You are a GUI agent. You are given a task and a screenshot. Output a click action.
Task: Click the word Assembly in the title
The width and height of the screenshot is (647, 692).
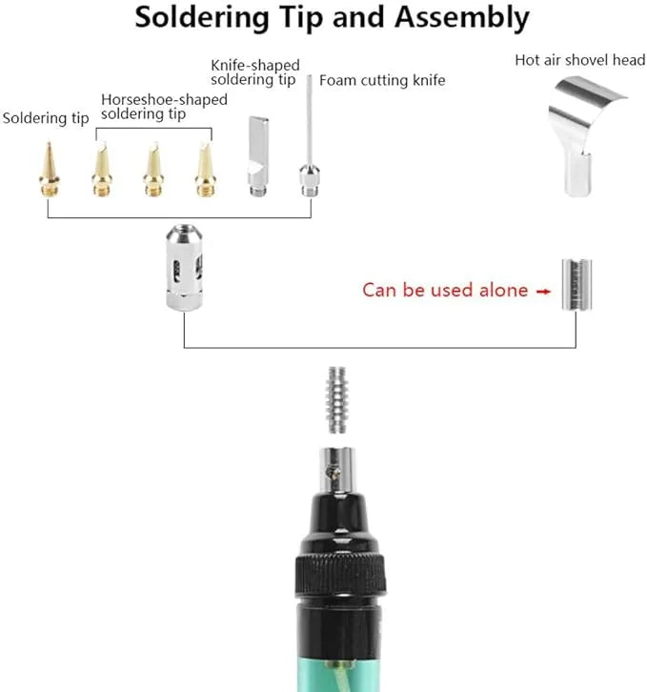(x=461, y=18)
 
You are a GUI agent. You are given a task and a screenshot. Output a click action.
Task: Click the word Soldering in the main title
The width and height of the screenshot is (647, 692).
(x=202, y=18)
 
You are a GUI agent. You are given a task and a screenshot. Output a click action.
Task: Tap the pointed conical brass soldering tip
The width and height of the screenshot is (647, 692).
(x=49, y=169)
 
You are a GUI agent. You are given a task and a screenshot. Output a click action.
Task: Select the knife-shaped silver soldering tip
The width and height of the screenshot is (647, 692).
(x=258, y=155)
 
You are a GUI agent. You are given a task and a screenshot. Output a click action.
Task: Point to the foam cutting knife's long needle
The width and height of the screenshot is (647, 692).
(x=310, y=120)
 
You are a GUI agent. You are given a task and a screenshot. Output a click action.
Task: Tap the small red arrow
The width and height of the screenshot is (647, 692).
(x=543, y=291)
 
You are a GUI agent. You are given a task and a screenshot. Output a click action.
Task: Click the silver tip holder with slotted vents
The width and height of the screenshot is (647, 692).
(x=185, y=268)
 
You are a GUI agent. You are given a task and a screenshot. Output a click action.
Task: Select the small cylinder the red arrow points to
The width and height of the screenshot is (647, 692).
(x=576, y=285)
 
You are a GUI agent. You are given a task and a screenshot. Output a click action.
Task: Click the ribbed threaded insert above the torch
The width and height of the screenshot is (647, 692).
(x=336, y=399)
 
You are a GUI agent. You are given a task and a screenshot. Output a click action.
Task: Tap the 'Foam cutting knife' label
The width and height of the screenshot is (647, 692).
(x=382, y=80)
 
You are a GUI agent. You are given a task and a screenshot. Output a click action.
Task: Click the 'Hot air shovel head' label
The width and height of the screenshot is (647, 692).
(x=580, y=60)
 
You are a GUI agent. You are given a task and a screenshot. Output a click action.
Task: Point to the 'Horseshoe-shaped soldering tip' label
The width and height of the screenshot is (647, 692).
(x=164, y=107)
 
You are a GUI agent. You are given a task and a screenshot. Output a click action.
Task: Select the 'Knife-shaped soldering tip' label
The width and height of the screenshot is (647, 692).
(x=255, y=71)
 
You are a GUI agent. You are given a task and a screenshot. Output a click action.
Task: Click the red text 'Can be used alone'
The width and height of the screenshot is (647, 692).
(x=445, y=290)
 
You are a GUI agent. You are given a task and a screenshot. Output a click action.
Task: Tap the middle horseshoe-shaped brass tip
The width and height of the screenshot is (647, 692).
(x=153, y=169)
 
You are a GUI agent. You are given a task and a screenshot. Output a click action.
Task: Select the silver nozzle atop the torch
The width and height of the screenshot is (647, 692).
(x=337, y=470)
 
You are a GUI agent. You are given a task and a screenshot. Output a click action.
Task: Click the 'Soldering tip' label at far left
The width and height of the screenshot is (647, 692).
(x=46, y=118)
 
